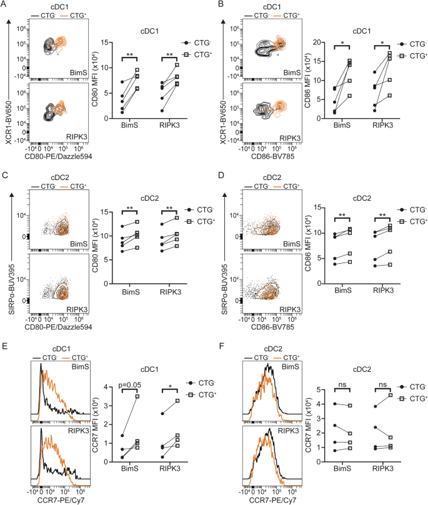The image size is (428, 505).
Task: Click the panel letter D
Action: coord(222,179)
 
